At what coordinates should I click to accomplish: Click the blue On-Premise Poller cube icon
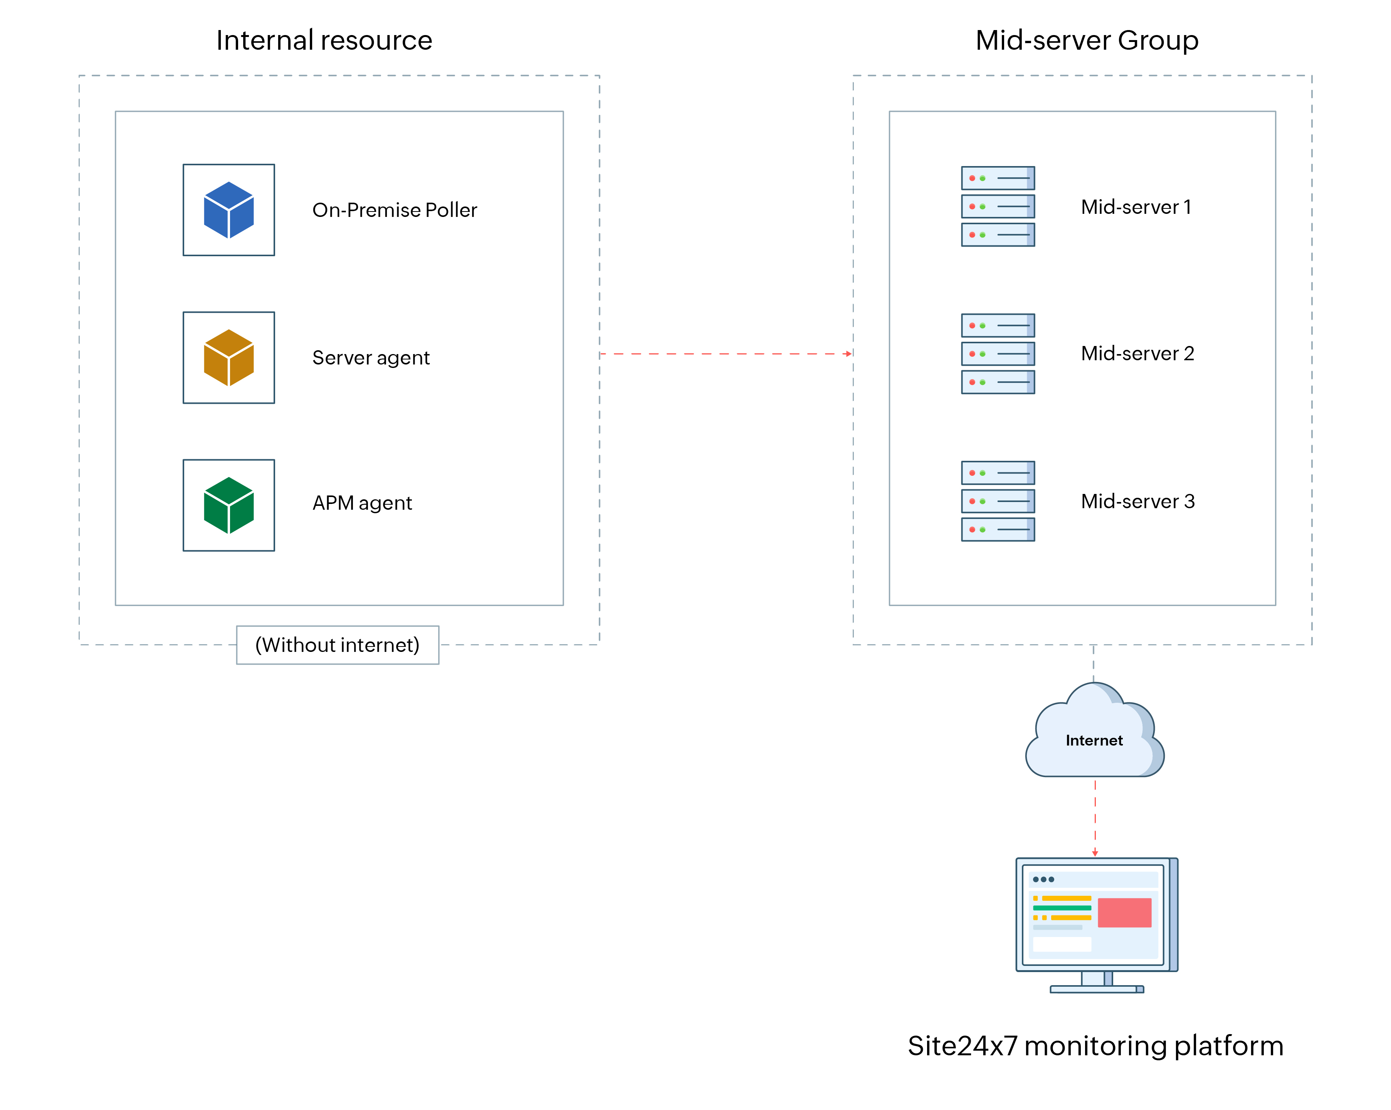[228, 210]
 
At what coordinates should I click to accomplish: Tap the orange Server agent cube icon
[228, 357]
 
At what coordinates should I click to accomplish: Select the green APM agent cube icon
[228, 505]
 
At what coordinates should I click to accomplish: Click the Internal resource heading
[324, 40]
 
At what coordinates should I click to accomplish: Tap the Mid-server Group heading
[1087, 40]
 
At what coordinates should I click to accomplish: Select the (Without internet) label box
[338, 645]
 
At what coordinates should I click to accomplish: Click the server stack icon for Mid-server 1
[998, 207]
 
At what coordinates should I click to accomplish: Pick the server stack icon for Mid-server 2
[998, 353]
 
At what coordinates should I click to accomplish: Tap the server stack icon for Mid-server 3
[998, 501]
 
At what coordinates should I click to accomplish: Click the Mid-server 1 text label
[1136, 207]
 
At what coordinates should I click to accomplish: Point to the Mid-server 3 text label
[1137, 501]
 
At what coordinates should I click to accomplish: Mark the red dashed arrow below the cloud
[1095, 818]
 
